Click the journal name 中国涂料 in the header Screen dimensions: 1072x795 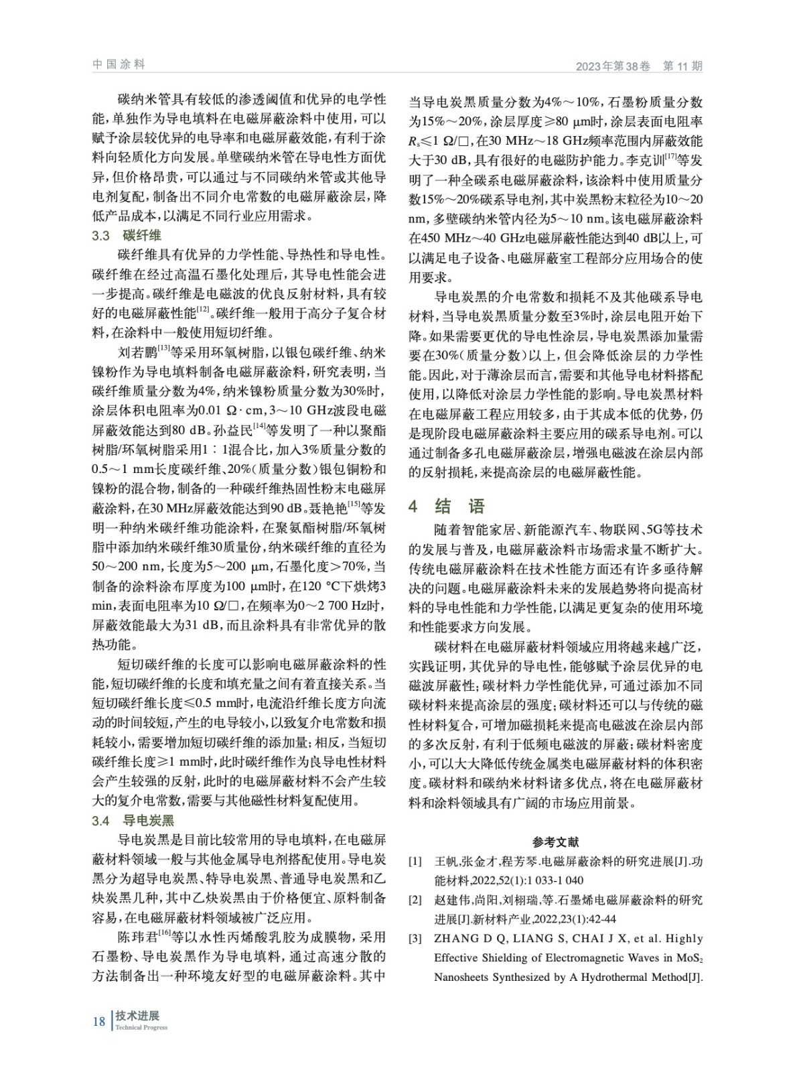pos(118,65)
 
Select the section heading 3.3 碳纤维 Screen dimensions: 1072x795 pos(127,236)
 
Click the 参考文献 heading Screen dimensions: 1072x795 pos(555,842)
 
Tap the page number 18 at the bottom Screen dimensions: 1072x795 pos(98,1021)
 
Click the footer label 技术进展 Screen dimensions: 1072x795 pos(141,1016)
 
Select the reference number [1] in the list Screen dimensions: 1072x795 pos(415,862)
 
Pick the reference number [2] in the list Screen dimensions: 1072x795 pos(415,900)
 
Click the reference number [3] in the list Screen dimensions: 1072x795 pos(415,939)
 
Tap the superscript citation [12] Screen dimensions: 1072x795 pos(204,310)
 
